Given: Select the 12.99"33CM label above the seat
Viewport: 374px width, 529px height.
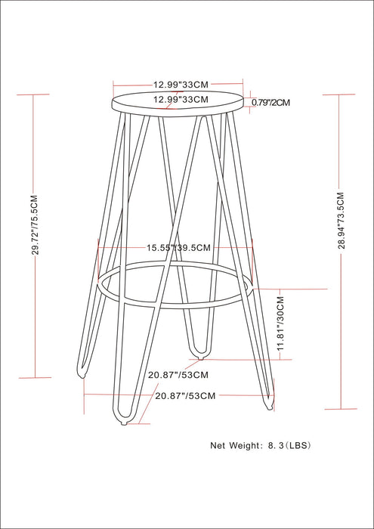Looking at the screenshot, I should tap(181, 85).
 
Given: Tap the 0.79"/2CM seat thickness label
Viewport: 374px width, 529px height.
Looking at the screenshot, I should tap(270, 102).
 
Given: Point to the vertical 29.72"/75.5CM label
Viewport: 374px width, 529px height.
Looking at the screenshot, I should tap(34, 227).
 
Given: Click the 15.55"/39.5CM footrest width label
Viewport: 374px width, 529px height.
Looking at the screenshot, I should tap(178, 247).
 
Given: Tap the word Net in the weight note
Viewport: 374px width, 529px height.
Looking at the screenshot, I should tap(219, 445).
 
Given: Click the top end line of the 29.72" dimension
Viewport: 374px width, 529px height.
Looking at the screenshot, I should tap(32, 94).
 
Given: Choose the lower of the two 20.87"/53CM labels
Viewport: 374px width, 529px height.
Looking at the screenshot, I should tap(186, 395).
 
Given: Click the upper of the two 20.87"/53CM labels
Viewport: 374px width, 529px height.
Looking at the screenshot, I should tap(178, 374).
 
